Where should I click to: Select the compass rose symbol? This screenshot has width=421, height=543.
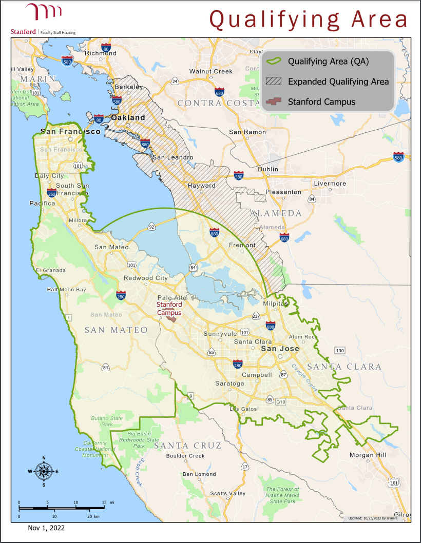pos(44,471)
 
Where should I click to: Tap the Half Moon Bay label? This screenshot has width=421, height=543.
pos(67,289)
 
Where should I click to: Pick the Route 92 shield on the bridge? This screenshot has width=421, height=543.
pos(152,226)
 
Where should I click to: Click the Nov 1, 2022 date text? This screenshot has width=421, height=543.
pos(46,528)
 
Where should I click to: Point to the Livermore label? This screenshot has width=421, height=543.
pos(330,183)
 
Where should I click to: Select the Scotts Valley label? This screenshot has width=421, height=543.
pos(227,493)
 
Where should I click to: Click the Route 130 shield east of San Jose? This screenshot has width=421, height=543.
pos(338,351)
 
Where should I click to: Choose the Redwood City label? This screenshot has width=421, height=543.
pos(145,278)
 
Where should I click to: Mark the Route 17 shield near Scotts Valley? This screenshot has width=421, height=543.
pos(245,467)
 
